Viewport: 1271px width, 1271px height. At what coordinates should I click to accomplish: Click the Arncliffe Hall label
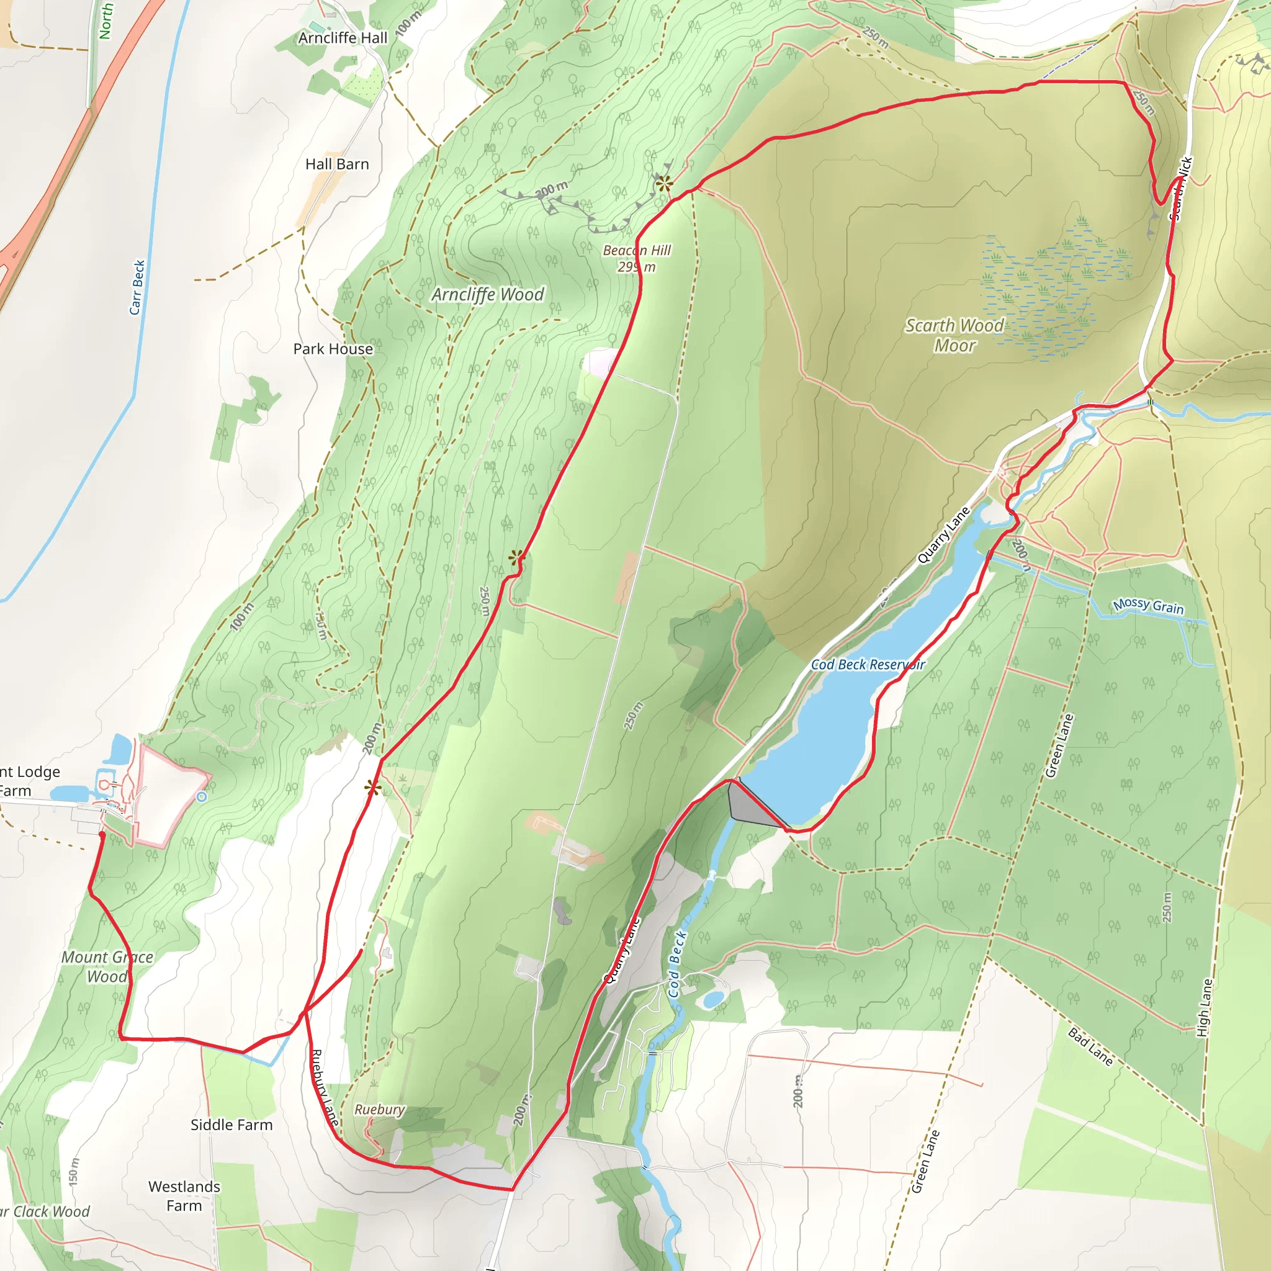point(343,38)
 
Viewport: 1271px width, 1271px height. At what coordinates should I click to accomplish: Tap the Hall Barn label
point(337,164)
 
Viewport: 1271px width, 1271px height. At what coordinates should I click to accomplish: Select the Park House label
point(333,349)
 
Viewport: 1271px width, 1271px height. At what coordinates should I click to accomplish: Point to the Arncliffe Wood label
point(487,295)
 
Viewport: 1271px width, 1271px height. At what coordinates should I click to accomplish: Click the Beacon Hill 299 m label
point(636,259)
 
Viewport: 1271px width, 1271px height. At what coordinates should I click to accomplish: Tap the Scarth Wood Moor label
point(954,336)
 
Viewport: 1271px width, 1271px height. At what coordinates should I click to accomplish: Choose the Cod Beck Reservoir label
point(868,665)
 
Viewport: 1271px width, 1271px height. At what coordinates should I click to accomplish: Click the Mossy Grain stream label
point(1148,606)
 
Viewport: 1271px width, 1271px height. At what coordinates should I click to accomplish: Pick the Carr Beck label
point(137,287)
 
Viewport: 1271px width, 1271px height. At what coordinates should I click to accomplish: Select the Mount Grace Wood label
point(107,966)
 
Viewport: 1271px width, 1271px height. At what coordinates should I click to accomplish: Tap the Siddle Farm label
point(231,1125)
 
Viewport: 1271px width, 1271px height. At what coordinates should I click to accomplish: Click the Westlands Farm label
point(184,1196)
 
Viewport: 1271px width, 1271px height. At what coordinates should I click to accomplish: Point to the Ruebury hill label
point(380,1110)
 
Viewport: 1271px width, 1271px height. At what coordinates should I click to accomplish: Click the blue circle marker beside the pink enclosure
point(202,797)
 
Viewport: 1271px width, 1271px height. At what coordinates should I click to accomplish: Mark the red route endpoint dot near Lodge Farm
point(101,835)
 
